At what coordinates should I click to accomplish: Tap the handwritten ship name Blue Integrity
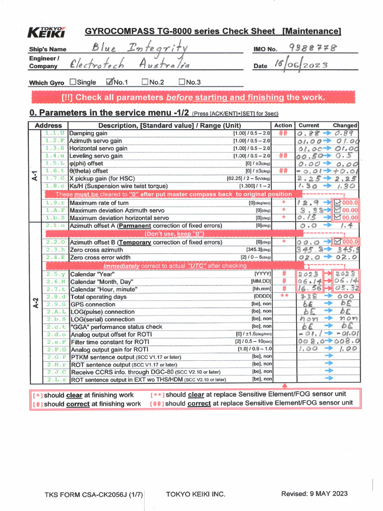point(139,48)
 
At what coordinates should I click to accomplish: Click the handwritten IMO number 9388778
point(313,48)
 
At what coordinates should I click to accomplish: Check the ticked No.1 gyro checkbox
point(110,82)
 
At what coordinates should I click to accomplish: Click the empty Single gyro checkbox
point(73,82)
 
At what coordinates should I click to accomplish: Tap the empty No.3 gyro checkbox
point(182,82)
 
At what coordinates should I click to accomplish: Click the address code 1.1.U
point(54,133)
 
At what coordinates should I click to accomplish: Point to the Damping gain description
point(88,134)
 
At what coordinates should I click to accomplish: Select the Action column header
point(283,125)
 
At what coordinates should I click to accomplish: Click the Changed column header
point(345,125)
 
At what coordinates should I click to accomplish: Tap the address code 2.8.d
point(54,296)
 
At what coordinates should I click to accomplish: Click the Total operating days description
point(99,297)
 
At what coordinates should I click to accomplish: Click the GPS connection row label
point(93,304)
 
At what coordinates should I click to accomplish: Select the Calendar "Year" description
point(92,274)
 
